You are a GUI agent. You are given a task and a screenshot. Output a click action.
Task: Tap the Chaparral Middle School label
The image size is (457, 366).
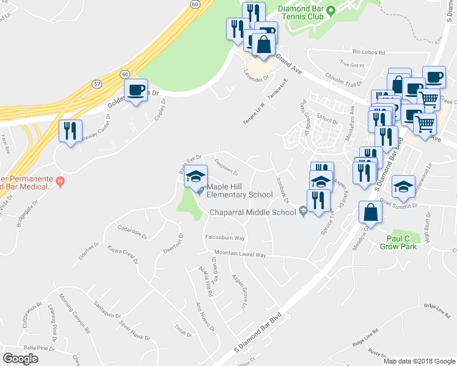point(253,213)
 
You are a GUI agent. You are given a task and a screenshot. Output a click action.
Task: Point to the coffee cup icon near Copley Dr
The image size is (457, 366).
point(136,91)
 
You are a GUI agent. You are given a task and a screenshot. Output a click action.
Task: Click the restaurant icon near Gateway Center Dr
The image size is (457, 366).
point(70,131)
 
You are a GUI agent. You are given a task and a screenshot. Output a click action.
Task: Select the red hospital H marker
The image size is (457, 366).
point(60,181)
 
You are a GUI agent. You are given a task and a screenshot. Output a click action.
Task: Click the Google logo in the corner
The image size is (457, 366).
point(21,359)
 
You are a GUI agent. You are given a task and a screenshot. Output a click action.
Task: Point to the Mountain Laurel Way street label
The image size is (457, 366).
point(239,254)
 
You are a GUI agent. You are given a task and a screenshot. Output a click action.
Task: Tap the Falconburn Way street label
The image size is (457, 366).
point(224,237)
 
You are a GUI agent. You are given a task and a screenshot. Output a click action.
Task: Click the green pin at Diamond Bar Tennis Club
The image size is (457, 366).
point(331,10)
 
